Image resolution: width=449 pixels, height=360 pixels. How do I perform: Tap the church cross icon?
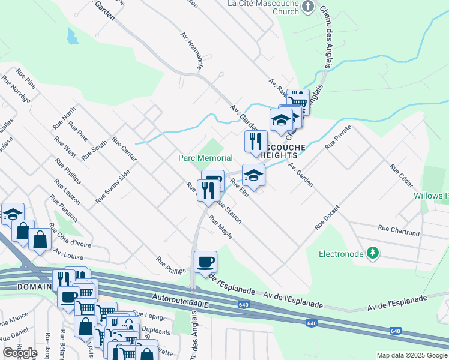[308, 7]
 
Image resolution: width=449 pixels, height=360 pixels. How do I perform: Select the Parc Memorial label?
[205, 158]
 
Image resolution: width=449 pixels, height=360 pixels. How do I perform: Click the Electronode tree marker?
[373, 253]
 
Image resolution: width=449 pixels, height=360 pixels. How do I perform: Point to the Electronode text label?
[341, 254]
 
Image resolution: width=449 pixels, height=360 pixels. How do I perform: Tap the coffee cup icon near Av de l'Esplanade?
[206, 262]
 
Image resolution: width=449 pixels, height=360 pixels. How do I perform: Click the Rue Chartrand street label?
[399, 228]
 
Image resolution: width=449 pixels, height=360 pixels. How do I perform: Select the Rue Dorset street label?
[327, 218]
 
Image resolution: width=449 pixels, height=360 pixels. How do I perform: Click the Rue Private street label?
[338, 137]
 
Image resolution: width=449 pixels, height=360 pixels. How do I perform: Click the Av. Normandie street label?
[192, 50]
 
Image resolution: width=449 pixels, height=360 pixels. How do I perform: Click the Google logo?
[20, 352]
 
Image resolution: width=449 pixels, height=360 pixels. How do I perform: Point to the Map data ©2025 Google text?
[411, 355]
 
